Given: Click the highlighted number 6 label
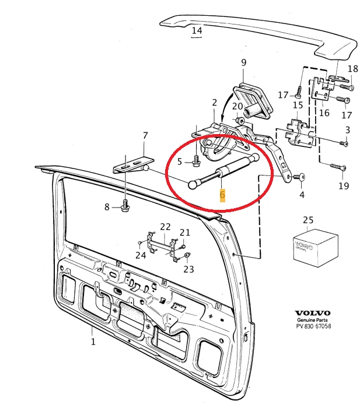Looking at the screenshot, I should pyautogui.click(x=222, y=195).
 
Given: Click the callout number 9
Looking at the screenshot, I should pyautogui.click(x=243, y=62).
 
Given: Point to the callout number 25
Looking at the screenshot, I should pyautogui.click(x=307, y=220).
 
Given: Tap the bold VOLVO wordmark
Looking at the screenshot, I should pyautogui.click(x=312, y=312).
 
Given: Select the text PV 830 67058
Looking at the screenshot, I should pyautogui.click(x=313, y=326).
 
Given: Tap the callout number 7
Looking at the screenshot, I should pyautogui.click(x=145, y=136).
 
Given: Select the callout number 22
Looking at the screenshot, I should pyautogui.click(x=165, y=226).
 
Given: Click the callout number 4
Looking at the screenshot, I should pyautogui.click(x=302, y=195).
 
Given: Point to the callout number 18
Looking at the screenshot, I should pyautogui.click(x=353, y=69).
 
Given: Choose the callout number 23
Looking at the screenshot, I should pyautogui.click(x=188, y=269).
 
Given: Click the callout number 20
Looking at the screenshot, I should pyautogui.click(x=237, y=106).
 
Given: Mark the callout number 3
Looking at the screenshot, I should pyautogui.click(x=348, y=129).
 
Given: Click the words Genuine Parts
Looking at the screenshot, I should pyautogui.click(x=313, y=320).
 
